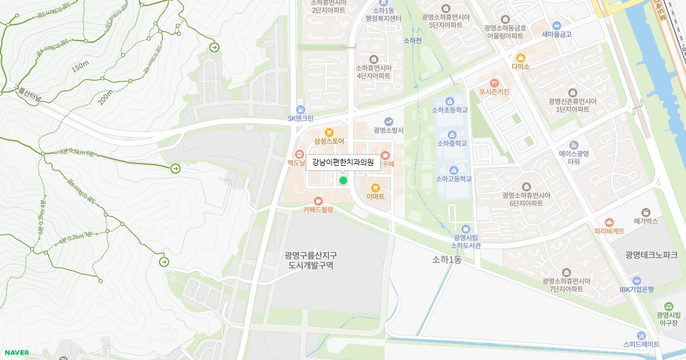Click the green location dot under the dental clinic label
pos(343,181)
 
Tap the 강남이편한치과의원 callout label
pos(342,162)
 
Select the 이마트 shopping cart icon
pos(376,187)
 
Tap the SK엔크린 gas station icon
pos(300,110)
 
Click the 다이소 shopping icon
pos(521,58)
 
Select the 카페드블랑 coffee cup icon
pos(318,201)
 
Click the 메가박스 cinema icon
pos(646,212)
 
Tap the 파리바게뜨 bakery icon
pos(609,222)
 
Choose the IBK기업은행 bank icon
pos(636,281)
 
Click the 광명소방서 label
pos(389,130)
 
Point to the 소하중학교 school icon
pos(452,134)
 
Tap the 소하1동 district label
pos(446,259)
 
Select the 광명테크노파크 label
pos(651,255)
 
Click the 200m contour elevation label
pos(105,98)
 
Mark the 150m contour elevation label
pos(80,67)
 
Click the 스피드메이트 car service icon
pos(641,335)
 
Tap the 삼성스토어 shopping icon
pos(329,132)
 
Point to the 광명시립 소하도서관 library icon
pos(465,229)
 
